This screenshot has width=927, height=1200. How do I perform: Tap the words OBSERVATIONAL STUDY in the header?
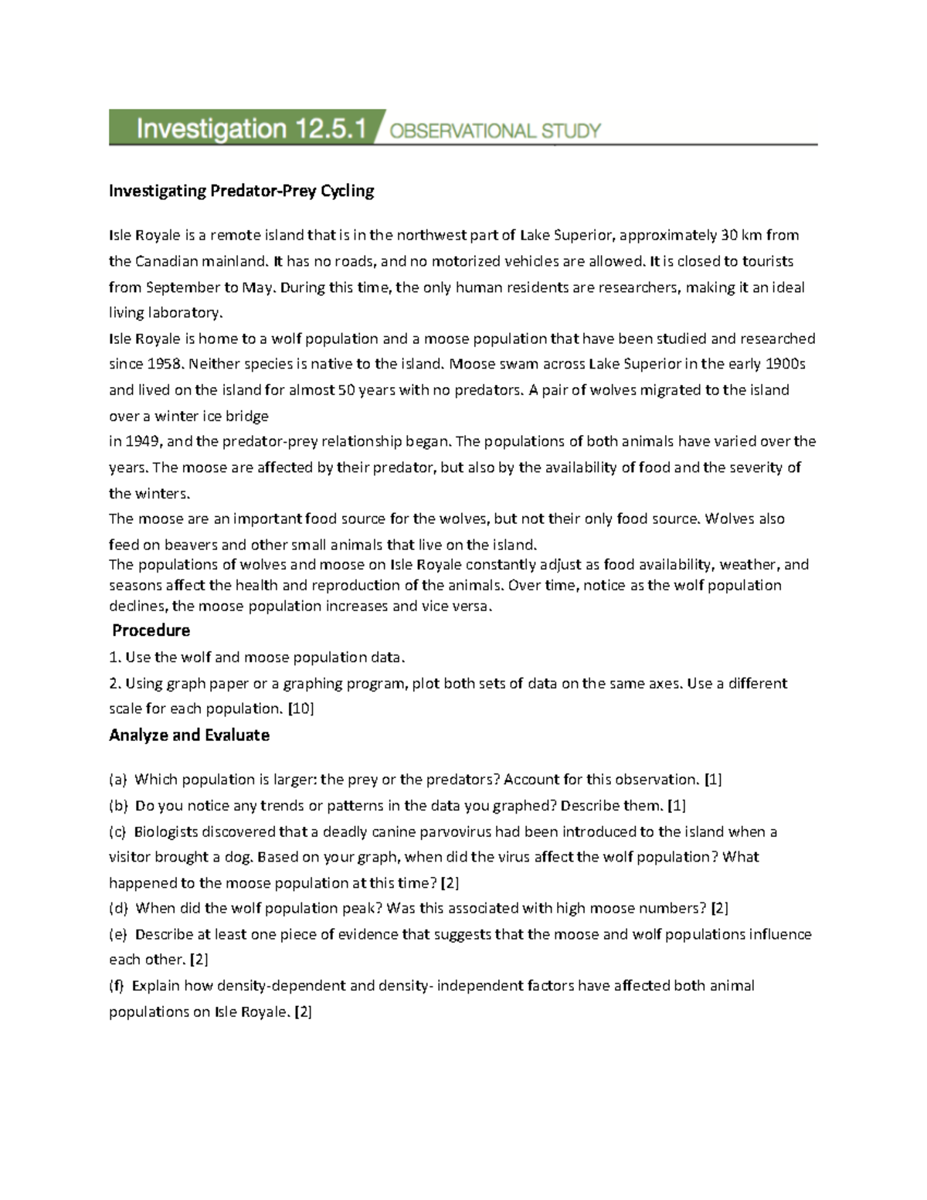pos(495,131)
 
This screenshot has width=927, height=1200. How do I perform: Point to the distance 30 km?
pos(742,235)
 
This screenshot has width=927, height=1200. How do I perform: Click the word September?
pos(183,287)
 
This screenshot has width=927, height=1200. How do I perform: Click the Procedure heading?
pos(151,630)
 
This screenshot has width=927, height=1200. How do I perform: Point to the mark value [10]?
pos(301,709)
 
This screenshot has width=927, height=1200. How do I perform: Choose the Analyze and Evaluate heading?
pos(189,735)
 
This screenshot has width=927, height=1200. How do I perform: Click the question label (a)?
pos(119,779)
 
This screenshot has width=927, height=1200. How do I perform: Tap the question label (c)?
pos(119,831)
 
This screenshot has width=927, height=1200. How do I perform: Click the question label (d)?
pos(119,908)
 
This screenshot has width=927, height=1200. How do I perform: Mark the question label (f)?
pos(118,985)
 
